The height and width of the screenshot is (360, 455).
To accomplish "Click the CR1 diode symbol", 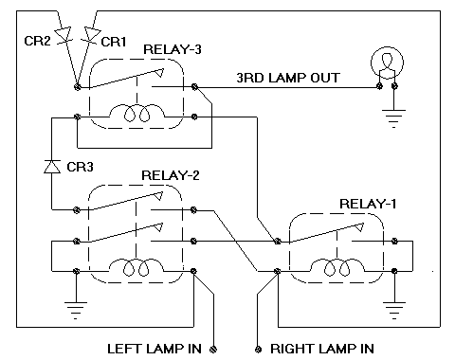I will coord(92,35).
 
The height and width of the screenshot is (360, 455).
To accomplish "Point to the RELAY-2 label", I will coord(172,176).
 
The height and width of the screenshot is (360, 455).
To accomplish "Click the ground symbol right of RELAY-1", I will coord(391,305).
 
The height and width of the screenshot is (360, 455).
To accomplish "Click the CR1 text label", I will coord(112,42).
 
